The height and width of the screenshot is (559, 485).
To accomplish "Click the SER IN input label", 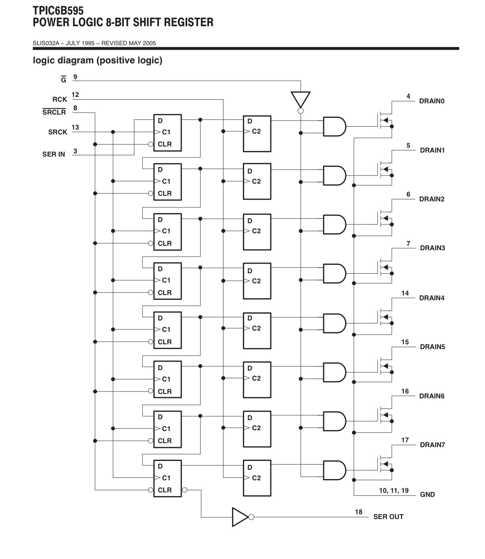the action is pos(54,154).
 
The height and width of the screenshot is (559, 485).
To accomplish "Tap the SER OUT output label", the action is pos(388,517).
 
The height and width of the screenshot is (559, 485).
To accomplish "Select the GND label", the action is pos(427,494).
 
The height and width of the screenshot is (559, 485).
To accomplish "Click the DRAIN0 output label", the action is pos(432,101).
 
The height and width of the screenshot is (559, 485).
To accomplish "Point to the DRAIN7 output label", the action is pos(432,445).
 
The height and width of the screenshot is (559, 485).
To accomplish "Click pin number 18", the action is pos(359,512).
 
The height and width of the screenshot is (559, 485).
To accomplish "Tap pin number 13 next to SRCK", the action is pos(75,127).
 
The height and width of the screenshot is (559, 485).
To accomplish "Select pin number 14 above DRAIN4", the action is pos(405,293).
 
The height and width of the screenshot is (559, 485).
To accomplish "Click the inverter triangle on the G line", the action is pos(300,99).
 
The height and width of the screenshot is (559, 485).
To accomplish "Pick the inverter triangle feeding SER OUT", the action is pos(240,517).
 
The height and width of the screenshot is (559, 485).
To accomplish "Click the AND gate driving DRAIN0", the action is pos(334,126).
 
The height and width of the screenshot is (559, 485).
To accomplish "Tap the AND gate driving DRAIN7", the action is pos(334,470).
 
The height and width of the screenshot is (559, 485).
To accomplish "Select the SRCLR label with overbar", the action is pos(54,112).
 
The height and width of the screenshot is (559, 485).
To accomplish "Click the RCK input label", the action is pos(60,99).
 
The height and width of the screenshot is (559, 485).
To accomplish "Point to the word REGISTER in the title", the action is pos(188,22).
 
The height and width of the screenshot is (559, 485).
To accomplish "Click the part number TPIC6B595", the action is pos(58,10).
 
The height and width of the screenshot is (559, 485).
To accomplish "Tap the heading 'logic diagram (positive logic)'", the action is pos(98,60).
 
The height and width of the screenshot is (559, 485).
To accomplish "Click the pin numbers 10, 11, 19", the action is pos(394,490).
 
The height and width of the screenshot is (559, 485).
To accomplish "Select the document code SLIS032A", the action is pos(46,43).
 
